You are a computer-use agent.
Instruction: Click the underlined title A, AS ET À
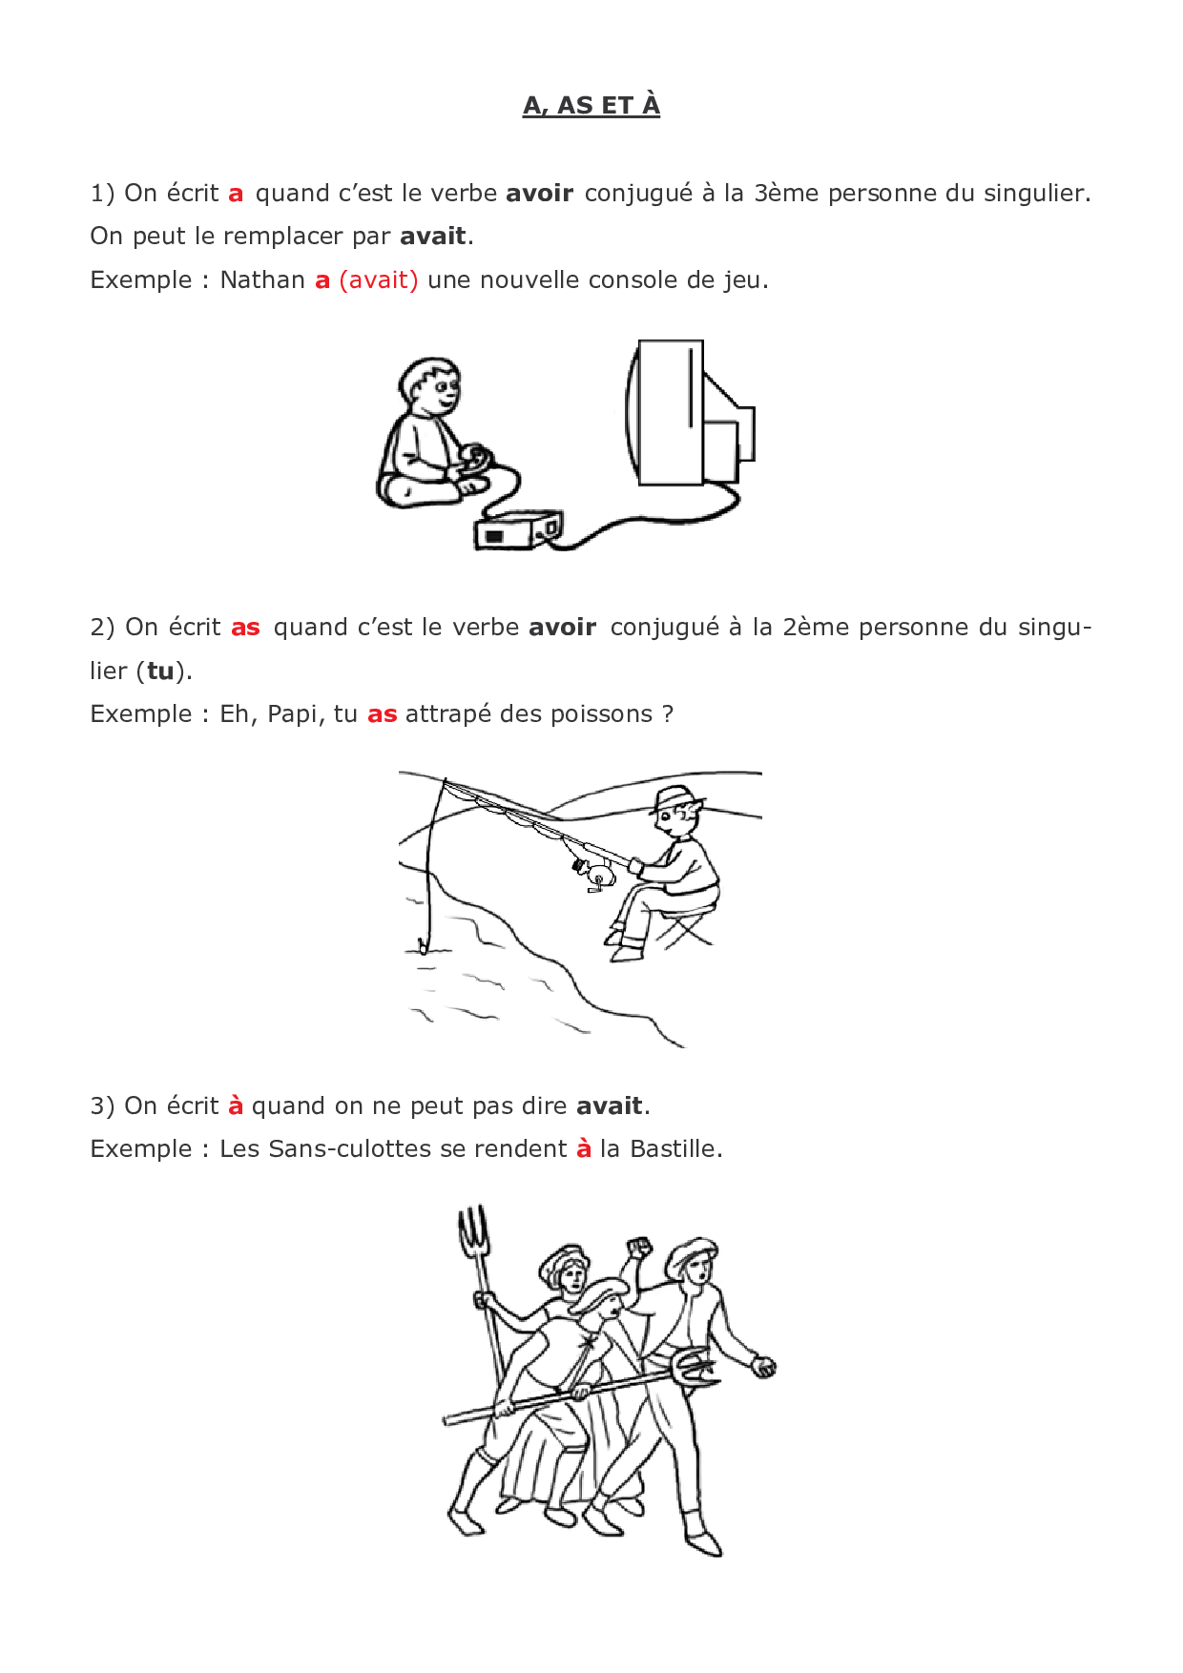click(x=591, y=105)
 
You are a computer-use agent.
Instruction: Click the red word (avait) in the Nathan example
click(x=379, y=280)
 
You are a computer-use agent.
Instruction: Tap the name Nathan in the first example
click(x=262, y=279)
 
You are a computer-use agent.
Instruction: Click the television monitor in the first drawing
click(x=689, y=412)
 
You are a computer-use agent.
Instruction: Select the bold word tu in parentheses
click(x=160, y=671)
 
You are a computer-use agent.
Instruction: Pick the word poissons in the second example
click(x=605, y=714)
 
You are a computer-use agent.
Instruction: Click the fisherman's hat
click(x=676, y=798)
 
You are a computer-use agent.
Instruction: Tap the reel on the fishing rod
click(x=594, y=874)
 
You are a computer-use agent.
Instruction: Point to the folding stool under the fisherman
click(x=684, y=924)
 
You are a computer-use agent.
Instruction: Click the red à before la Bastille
click(x=584, y=1147)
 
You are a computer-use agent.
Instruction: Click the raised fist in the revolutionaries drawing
click(x=639, y=1247)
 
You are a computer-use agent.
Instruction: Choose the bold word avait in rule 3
click(x=609, y=1105)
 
